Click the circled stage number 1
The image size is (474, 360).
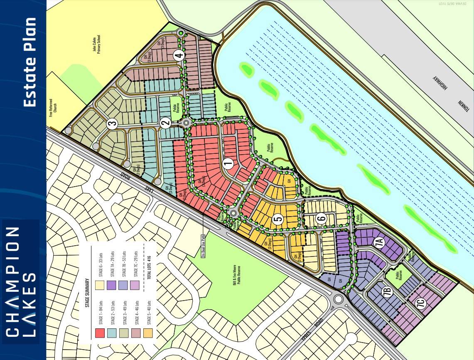(x=228, y=164)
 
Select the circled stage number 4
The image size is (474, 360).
(x=179, y=55)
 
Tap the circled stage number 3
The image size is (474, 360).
(x=111, y=123)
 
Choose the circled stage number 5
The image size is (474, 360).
(x=278, y=219)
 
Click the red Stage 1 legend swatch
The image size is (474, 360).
(x=100, y=333)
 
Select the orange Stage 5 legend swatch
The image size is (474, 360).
(x=148, y=333)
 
